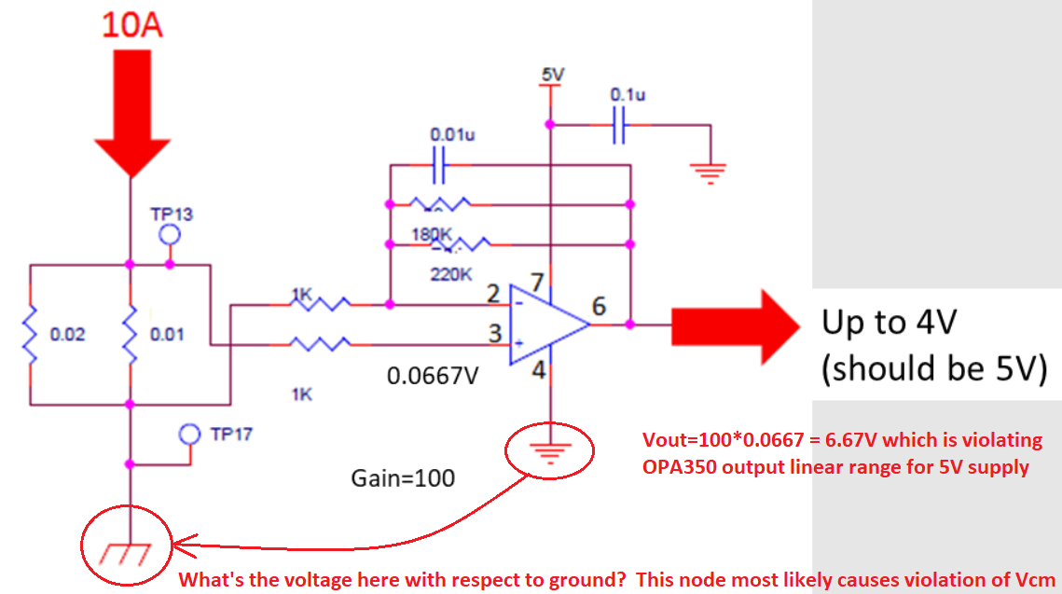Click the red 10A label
click(131, 25)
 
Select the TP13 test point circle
click(169, 234)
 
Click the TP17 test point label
click(230, 434)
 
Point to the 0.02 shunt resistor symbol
click(31, 334)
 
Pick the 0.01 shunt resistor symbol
click(130, 334)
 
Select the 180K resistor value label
click(430, 233)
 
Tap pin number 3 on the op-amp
click(495, 332)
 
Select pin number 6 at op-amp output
click(599, 306)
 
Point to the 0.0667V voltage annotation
click(433, 375)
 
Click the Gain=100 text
click(403, 478)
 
